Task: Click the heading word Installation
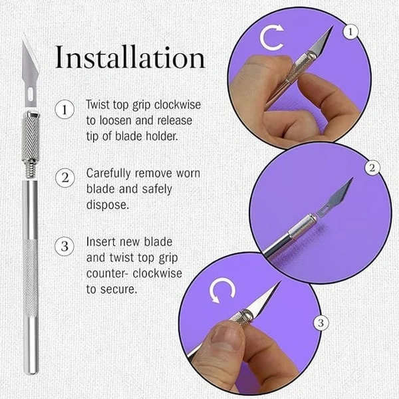[x=130, y=57]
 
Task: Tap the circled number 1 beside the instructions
[x=65, y=110]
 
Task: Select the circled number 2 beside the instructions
[x=65, y=178]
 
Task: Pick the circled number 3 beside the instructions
[x=65, y=246]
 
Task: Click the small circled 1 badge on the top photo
[x=350, y=32]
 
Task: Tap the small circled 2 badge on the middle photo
[x=372, y=168]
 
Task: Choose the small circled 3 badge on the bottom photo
[x=321, y=323]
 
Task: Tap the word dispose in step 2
[x=108, y=205]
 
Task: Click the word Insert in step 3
[x=101, y=242]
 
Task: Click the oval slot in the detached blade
[x=31, y=93]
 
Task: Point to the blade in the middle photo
[x=335, y=197]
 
